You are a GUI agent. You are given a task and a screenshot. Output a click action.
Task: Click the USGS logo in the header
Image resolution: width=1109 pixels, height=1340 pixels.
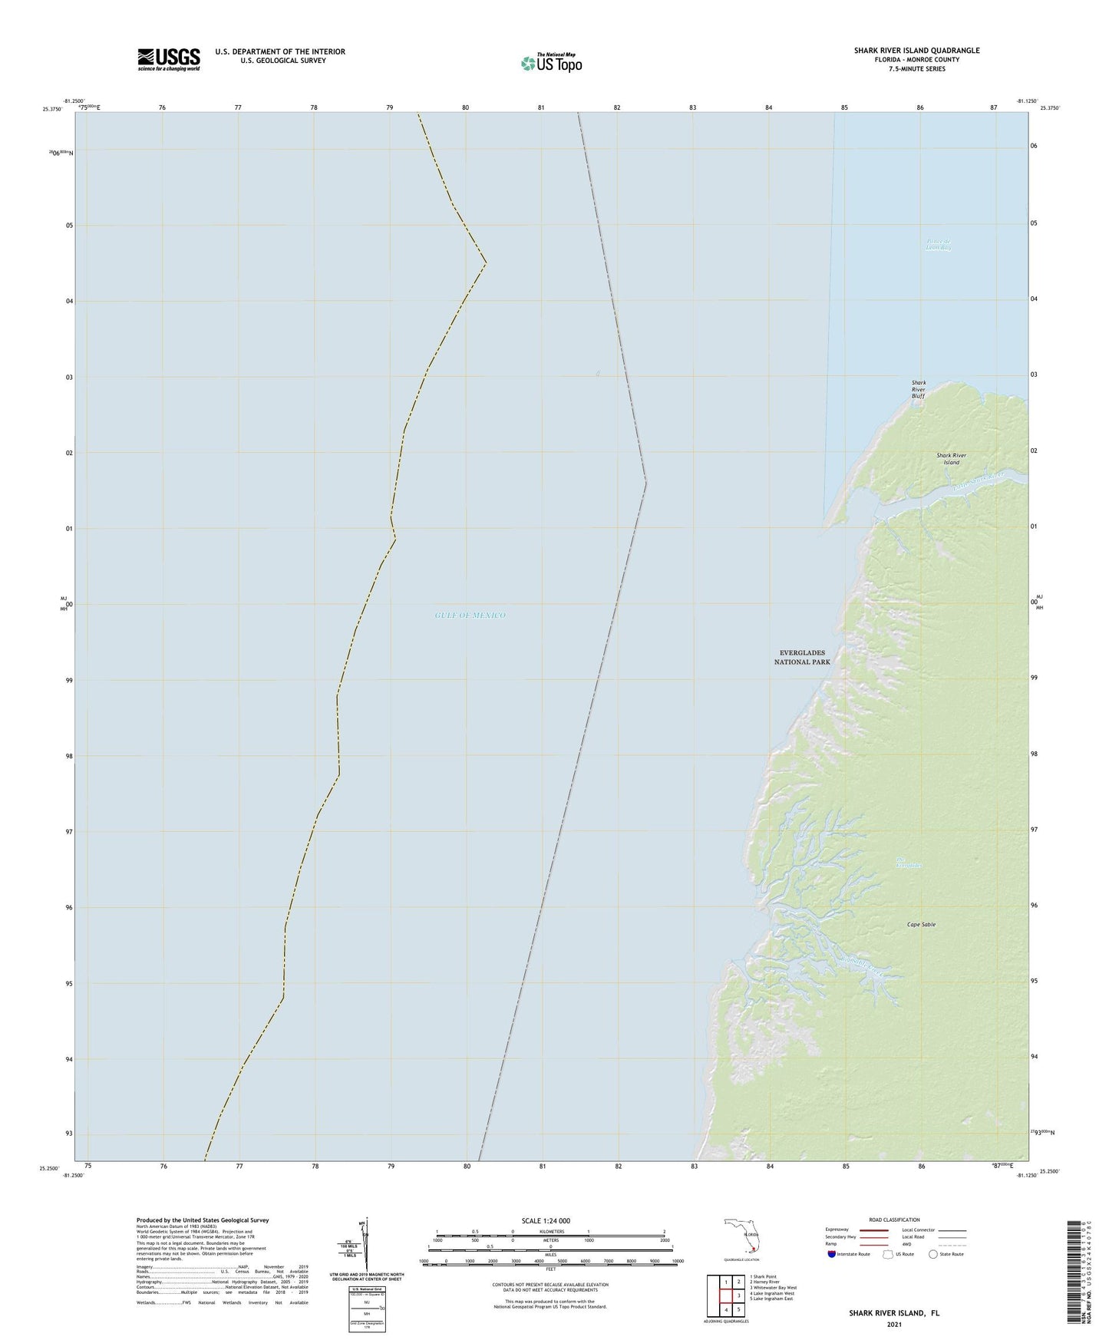[168, 59]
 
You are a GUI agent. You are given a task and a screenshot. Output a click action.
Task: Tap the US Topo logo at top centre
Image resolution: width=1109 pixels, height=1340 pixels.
[550, 62]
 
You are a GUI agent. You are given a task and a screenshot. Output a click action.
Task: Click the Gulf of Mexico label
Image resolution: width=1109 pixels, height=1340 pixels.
[470, 616]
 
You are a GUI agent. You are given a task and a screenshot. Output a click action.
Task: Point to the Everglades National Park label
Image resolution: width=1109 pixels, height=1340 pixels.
[802, 657]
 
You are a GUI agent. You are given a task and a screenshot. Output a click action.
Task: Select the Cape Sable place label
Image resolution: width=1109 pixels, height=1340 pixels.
[921, 925]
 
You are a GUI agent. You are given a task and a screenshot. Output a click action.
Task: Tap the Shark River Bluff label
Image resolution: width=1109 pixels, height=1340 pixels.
[918, 389]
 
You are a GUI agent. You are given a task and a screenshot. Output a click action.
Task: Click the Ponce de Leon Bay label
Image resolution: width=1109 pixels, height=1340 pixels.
[938, 245]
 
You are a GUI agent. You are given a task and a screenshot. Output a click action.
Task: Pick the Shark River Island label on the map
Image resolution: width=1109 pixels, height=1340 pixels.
[951, 459]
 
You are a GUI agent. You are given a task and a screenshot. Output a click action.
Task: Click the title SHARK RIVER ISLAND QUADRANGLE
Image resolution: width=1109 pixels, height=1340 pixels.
[916, 51]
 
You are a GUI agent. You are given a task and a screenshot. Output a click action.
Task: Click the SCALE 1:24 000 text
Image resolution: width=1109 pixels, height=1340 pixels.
[546, 1221]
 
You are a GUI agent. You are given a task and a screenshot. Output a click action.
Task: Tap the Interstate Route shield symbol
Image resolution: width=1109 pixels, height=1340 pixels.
[832, 1254]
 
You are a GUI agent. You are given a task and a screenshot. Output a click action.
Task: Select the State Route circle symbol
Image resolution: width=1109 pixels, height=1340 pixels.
[932, 1254]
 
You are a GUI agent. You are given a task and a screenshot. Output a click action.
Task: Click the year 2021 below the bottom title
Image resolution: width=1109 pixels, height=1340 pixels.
[893, 1324]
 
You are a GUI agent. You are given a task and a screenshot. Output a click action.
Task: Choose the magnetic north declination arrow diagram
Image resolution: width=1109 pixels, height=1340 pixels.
[366, 1242]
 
